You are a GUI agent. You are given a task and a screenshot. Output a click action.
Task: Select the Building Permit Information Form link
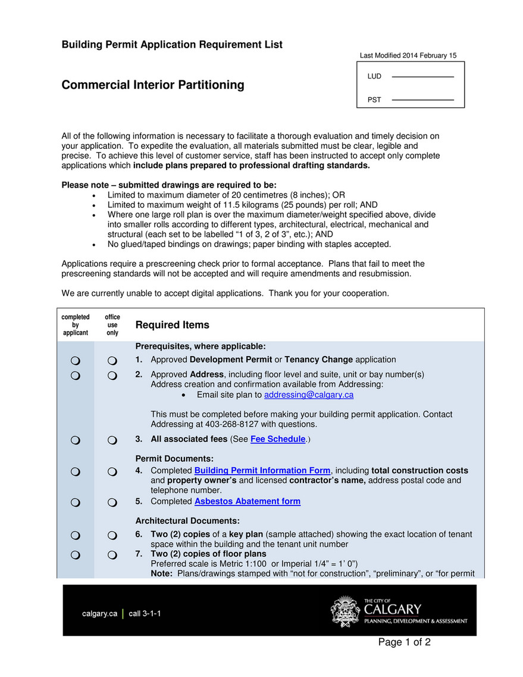click(262, 470)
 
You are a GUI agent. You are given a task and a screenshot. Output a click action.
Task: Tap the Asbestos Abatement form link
click(248, 501)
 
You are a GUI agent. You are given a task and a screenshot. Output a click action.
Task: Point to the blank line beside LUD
click(422, 77)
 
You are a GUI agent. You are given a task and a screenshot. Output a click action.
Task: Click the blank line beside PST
click(422, 100)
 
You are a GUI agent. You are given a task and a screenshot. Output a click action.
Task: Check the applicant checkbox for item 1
click(76, 361)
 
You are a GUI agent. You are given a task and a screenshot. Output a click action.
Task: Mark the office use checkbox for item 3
click(112, 440)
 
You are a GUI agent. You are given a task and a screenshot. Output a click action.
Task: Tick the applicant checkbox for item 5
click(76, 503)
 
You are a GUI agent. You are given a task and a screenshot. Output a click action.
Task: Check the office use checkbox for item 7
click(112, 556)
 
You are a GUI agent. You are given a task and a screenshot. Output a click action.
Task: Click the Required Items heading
click(173, 325)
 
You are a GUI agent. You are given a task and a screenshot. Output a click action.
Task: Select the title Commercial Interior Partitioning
click(153, 85)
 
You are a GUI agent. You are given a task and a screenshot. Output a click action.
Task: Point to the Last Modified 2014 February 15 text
click(408, 56)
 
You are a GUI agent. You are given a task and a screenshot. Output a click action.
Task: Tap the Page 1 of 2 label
click(404, 642)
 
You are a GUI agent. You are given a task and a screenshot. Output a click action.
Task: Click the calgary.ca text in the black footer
click(99, 614)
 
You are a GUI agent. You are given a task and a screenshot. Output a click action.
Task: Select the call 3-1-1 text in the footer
click(145, 614)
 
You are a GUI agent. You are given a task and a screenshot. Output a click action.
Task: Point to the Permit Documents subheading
click(174, 458)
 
